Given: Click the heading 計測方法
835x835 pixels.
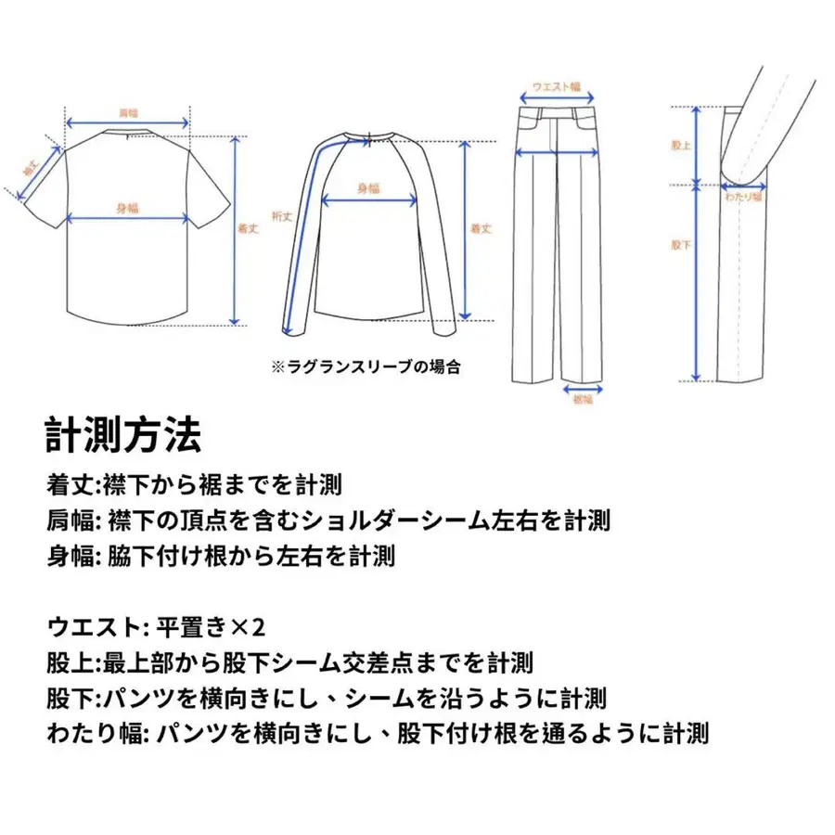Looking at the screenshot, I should (122, 433).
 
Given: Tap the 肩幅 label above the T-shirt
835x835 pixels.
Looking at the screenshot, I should (127, 112).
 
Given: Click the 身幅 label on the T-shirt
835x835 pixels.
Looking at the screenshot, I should (127, 207).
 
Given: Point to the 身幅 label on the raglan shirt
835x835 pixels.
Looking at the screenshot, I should (368, 187).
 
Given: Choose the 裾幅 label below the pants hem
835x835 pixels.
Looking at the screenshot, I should (582, 400).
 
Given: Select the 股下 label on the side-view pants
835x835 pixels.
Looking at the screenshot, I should (681, 245).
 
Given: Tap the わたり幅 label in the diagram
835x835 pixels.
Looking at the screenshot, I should (743, 197).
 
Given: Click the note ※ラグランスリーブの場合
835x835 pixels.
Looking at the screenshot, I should (366, 367).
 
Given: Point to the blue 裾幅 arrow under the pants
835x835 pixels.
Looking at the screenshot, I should (582, 390).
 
